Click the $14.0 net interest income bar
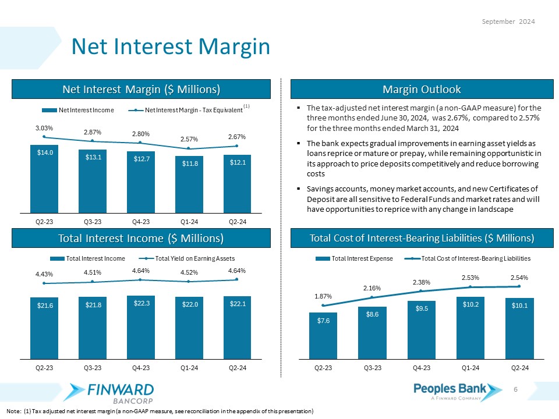pos(44,178)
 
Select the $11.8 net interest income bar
pos(189,184)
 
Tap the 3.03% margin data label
pos(44,127)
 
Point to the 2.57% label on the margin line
pos(189,140)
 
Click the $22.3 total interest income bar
pos(141,326)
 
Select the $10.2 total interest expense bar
pos(470,328)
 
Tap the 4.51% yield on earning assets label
pos(93,272)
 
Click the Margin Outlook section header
pos(422,89)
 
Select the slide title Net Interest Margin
pos(171,47)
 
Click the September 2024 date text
pos(510,21)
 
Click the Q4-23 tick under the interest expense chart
pos(421,367)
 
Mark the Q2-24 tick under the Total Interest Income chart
pos(238,367)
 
